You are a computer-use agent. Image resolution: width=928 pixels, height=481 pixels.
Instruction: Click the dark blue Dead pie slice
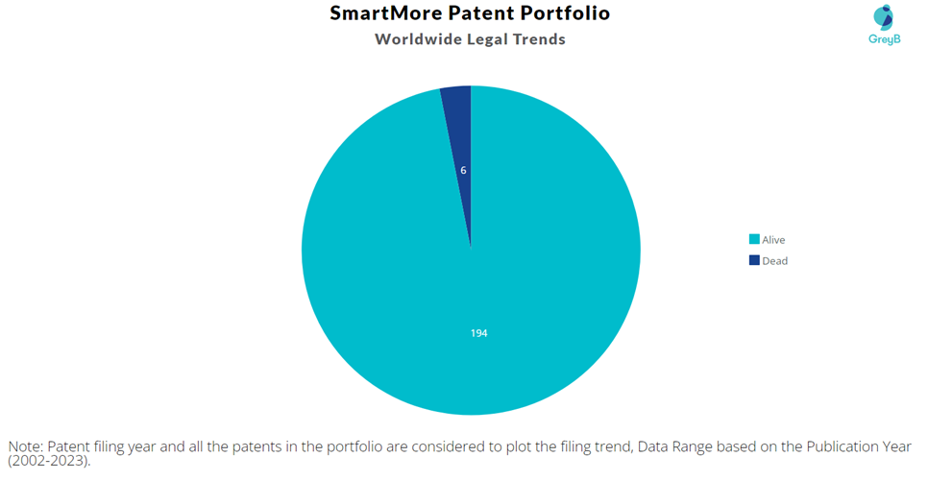pyautogui.click(x=462, y=148)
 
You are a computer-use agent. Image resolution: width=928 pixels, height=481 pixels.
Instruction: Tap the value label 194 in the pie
pyautogui.click(x=478, y=333)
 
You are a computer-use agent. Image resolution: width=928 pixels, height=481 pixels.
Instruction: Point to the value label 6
pyautogui.click(x=463, y=170)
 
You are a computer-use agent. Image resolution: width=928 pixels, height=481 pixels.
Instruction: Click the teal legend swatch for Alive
pyautogui.click(x=754, y=239)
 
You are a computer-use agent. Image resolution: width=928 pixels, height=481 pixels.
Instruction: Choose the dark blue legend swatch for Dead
pyautogui.click(x=754, y=260)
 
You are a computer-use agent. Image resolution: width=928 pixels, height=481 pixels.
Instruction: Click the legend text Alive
pyautogui.click(x=773, y=240)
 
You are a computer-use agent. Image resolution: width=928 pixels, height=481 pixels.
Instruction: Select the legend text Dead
pyautogui.click(x=774, y=261)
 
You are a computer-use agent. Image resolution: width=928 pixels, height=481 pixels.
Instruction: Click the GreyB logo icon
pyautogui.click(x=884, y=17)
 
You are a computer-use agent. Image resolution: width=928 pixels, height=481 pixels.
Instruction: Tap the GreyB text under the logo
pyautogui.click(x=885, y=39)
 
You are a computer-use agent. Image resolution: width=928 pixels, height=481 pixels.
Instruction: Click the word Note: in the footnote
pyautogui.click(x=26, y=446)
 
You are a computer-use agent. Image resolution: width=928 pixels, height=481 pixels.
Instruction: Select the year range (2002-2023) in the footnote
pyautogui.click(x=49, y=461)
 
